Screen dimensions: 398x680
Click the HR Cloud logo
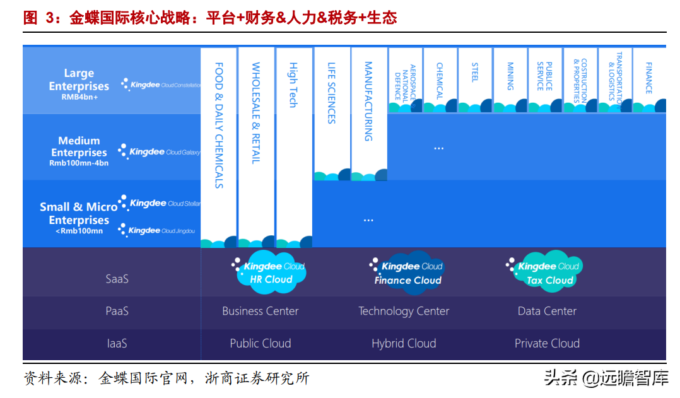pos(269,272)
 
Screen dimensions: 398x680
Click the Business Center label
pos(260,311)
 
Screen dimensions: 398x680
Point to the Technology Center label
pos(404,311)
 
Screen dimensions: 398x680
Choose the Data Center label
pos(547,311)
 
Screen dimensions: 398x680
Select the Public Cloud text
pos(260,343)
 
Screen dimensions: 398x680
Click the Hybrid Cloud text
pos(404,343)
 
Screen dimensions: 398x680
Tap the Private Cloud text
pos(547,343)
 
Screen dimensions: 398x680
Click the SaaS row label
pos(117,278)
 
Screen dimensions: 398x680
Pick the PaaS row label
pos(117,311)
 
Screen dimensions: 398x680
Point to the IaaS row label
pos(117,343)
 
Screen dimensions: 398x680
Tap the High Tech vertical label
pos(293,85)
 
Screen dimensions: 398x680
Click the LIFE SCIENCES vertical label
pos(332,92)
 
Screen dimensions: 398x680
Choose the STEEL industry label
pos(474,72)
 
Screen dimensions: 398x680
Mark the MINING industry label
pos(510,76)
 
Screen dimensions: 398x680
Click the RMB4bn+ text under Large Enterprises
pos(79,98)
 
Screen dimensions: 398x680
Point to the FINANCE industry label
pos(648,78)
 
